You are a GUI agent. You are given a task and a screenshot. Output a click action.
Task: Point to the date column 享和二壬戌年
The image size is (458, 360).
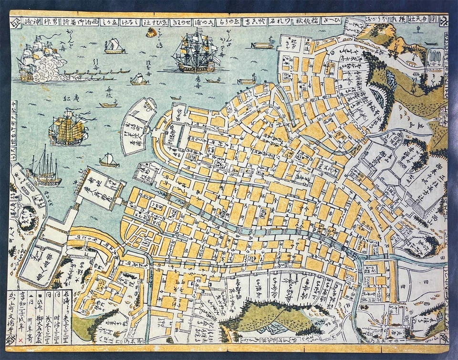21,310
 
